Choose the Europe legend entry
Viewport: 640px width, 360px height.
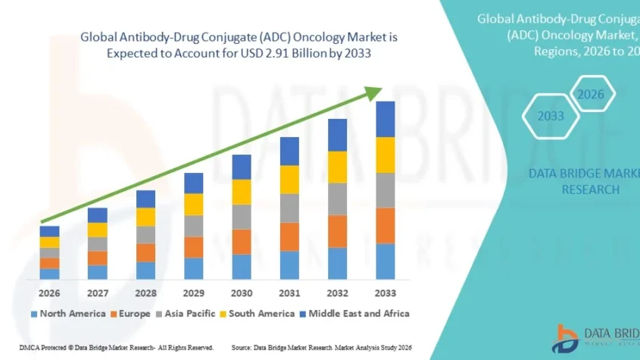(131, 313)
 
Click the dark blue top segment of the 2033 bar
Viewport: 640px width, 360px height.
(386, 119)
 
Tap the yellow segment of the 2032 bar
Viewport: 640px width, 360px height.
(337, 167)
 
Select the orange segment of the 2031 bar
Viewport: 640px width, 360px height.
(289, 236)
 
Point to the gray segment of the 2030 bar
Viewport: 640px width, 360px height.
(242, 217)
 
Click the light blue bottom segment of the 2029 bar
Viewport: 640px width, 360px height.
(193, 268)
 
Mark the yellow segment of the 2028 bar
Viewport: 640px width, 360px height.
(145, 217)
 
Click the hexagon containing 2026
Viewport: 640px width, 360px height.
(591, 95)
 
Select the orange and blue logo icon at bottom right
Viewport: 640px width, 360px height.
(565, 337)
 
